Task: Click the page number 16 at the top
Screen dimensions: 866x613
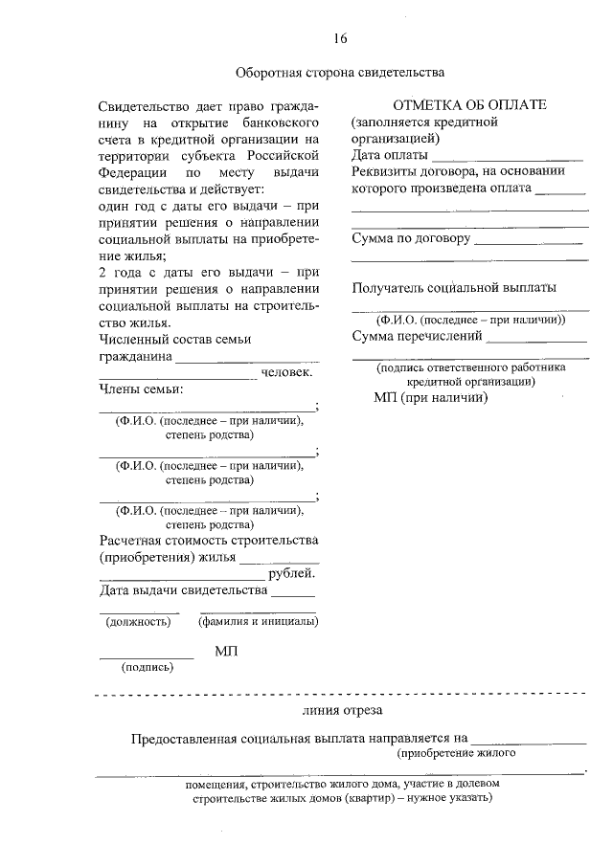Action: click(340, 38)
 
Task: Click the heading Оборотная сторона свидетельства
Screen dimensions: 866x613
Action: click(340, 72)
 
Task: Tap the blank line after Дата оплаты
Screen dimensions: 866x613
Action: click(507, 156)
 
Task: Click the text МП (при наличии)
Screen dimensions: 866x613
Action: click(431, 397)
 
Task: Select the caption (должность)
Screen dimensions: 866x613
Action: click(138, 622)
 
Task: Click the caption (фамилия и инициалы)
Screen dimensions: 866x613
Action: click(258, 622)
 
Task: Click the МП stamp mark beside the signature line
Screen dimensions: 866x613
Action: click(226, 651)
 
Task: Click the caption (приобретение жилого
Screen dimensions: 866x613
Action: click(458, 753)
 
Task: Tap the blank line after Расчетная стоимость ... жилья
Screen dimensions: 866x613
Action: click(279, 558)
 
